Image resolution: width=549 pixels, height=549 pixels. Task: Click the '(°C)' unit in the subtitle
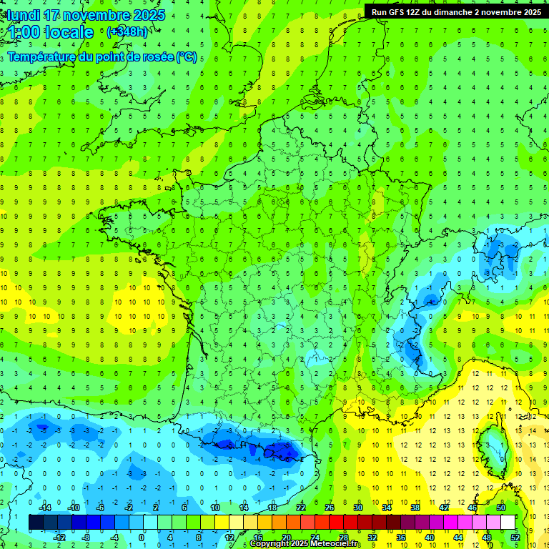187,57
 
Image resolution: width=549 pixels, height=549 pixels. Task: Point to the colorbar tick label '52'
515,537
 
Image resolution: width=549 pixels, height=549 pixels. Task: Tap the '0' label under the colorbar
141,537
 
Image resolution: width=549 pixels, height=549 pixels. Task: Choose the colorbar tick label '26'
330,508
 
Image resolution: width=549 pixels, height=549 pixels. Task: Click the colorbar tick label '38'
415,508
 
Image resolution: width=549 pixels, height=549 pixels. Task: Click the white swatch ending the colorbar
508,523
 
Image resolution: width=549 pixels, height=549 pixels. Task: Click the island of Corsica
489,443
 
